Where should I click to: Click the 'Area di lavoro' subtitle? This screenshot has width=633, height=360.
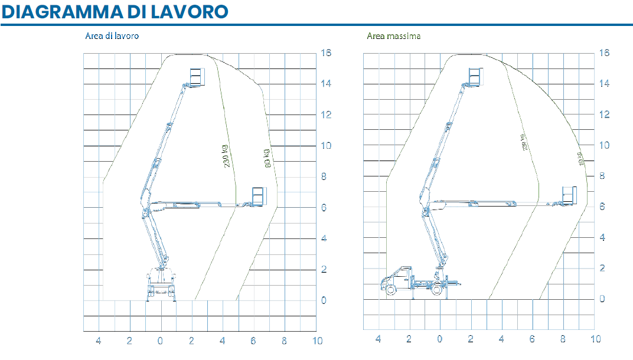click(112, 36)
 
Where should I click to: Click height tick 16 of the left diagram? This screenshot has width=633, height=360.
click(325, 53)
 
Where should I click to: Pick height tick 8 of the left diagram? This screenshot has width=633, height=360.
click(323, 176)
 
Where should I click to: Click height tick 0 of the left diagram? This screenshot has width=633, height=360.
click(323, 300)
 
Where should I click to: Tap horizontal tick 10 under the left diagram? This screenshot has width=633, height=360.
click(318, 341)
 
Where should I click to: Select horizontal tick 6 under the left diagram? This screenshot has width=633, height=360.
click(253, 341)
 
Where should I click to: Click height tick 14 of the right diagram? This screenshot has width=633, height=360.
click(603, 84)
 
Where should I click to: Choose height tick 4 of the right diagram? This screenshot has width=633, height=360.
click(602, 237)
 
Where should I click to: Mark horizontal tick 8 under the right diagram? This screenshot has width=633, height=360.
click(563, 339)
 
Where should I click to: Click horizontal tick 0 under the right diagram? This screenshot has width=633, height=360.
click(440, 339)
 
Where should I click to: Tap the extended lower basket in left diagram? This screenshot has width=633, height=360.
click(259, 197)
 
